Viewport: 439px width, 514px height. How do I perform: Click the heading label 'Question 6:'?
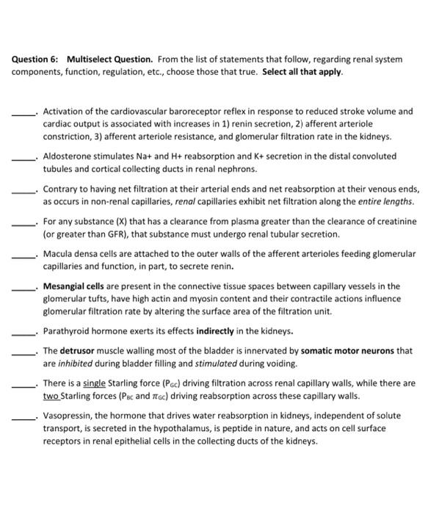point(34,59)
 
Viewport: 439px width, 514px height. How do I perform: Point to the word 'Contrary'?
point(61,188)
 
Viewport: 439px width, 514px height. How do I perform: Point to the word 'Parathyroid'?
point(67,330)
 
